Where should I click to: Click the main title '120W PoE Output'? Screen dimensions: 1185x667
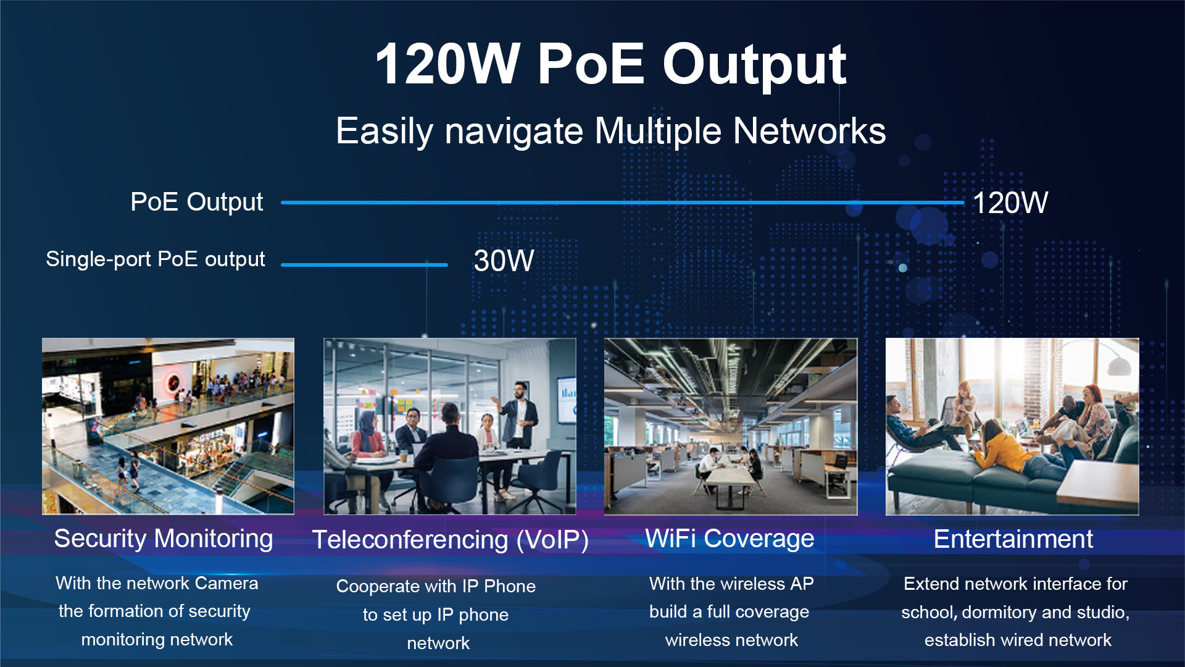point(610,64)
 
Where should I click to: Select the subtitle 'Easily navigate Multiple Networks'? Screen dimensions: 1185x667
point(610,132)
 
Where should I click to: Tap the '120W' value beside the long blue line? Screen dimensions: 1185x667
point(1010,203)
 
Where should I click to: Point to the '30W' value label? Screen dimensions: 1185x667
point(504,261)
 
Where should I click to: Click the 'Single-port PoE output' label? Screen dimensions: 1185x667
point(156,259)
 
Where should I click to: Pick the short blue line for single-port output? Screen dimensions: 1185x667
point(364,265)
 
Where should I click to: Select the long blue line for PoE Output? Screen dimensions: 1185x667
point(622,203)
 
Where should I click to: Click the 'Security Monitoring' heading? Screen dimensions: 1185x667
point(164,539)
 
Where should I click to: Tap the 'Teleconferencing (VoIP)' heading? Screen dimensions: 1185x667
point(450,540)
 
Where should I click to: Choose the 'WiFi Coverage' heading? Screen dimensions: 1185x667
point(730,539)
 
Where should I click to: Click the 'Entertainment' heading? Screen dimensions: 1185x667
point(1013,539)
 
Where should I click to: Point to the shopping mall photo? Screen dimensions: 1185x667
point(168,426)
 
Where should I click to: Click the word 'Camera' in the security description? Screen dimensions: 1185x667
point(227,583)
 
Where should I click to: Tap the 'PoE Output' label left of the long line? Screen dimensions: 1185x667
point(197,203)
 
